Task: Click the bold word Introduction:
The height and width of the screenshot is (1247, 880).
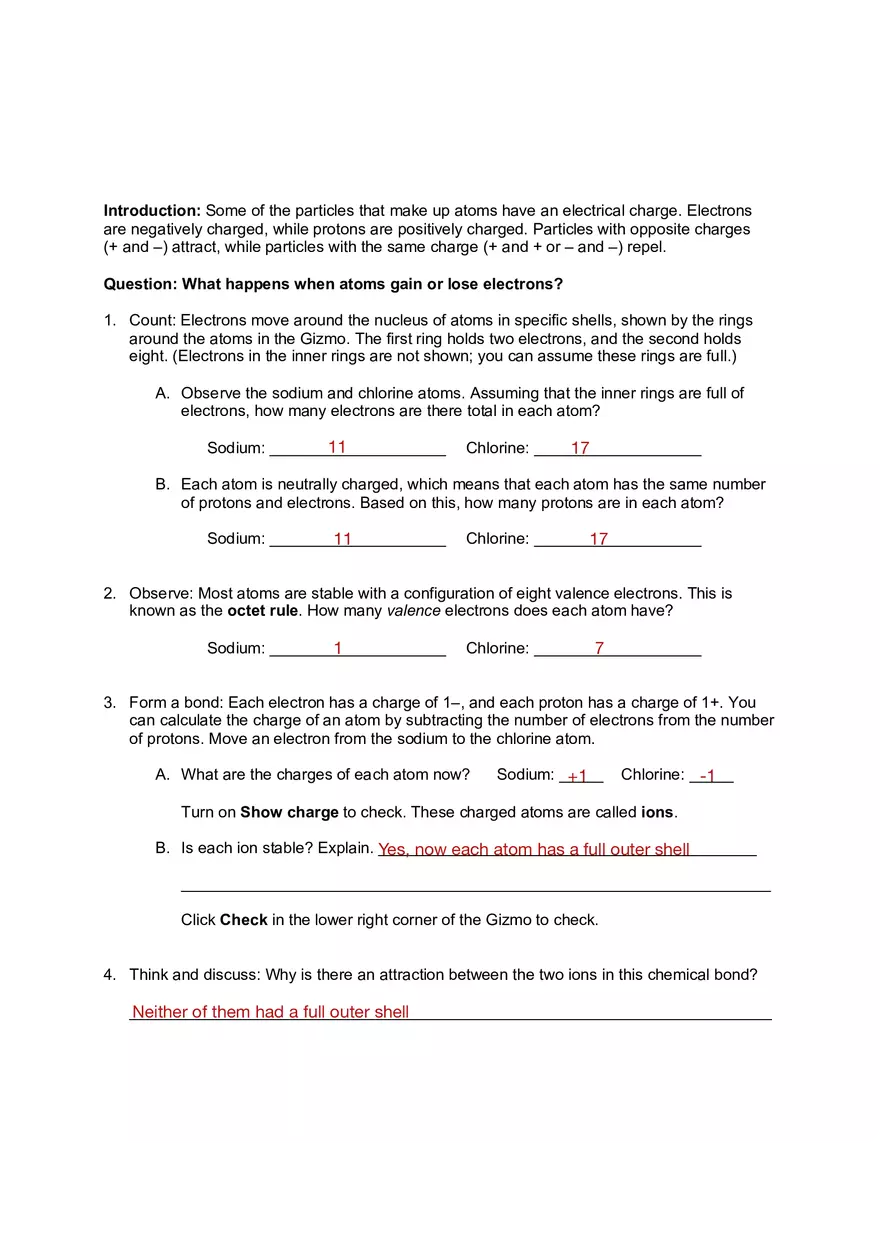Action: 152,211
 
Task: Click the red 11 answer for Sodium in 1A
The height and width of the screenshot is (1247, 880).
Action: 337,447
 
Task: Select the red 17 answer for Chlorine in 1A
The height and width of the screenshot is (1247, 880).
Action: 580,448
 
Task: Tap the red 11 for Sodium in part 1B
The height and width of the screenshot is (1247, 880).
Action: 342,539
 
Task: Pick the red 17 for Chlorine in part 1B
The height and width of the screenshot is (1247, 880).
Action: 598,539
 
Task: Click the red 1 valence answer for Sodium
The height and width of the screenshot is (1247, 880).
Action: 338,648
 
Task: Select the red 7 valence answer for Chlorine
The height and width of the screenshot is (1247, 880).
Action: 599,648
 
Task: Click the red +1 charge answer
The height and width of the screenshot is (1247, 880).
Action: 577,776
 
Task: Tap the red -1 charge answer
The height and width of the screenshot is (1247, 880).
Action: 708,776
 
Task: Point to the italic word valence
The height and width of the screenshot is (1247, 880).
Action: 413,611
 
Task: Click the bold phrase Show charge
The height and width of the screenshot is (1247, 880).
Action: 289,813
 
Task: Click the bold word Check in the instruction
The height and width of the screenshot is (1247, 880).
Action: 243,920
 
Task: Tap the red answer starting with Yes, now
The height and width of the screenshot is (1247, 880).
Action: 533,850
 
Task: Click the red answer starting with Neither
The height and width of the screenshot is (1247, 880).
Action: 270,1012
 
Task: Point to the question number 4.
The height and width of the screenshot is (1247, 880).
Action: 109,975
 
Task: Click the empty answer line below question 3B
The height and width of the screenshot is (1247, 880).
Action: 475,888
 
